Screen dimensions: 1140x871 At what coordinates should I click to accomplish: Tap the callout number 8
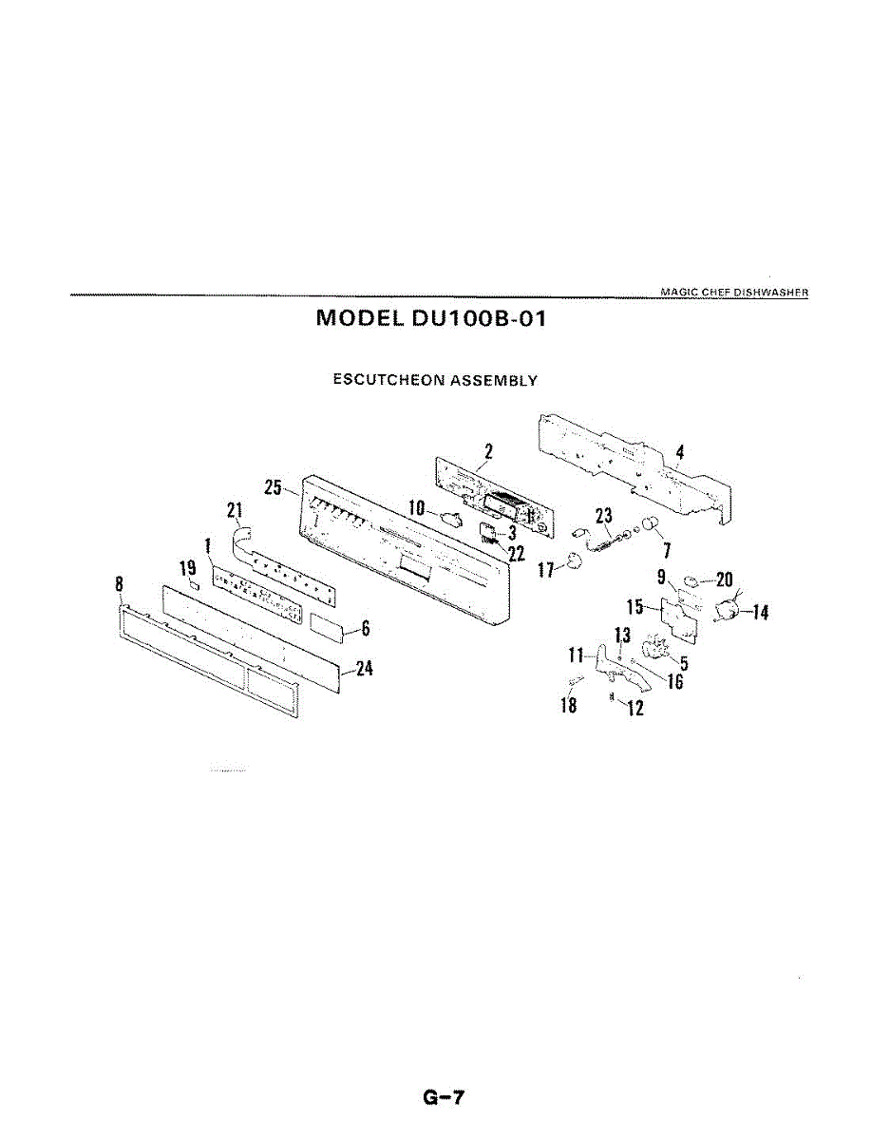point(120,585)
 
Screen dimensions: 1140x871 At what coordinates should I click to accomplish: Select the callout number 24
point(363,670)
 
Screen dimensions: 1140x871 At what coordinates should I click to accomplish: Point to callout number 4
point(680,453)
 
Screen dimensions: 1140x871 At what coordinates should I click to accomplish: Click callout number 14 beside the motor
point(759,613)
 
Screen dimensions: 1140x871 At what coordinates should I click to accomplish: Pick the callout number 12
point(635,708)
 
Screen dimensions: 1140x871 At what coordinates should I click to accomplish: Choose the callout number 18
point(569,707)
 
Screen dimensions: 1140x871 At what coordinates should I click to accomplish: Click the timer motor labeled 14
point(729,610)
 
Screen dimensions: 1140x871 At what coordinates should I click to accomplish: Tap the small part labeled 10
point(451,519)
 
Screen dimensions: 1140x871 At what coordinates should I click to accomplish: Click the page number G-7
point(444,1098)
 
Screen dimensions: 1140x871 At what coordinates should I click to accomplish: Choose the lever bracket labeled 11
point(608,664)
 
